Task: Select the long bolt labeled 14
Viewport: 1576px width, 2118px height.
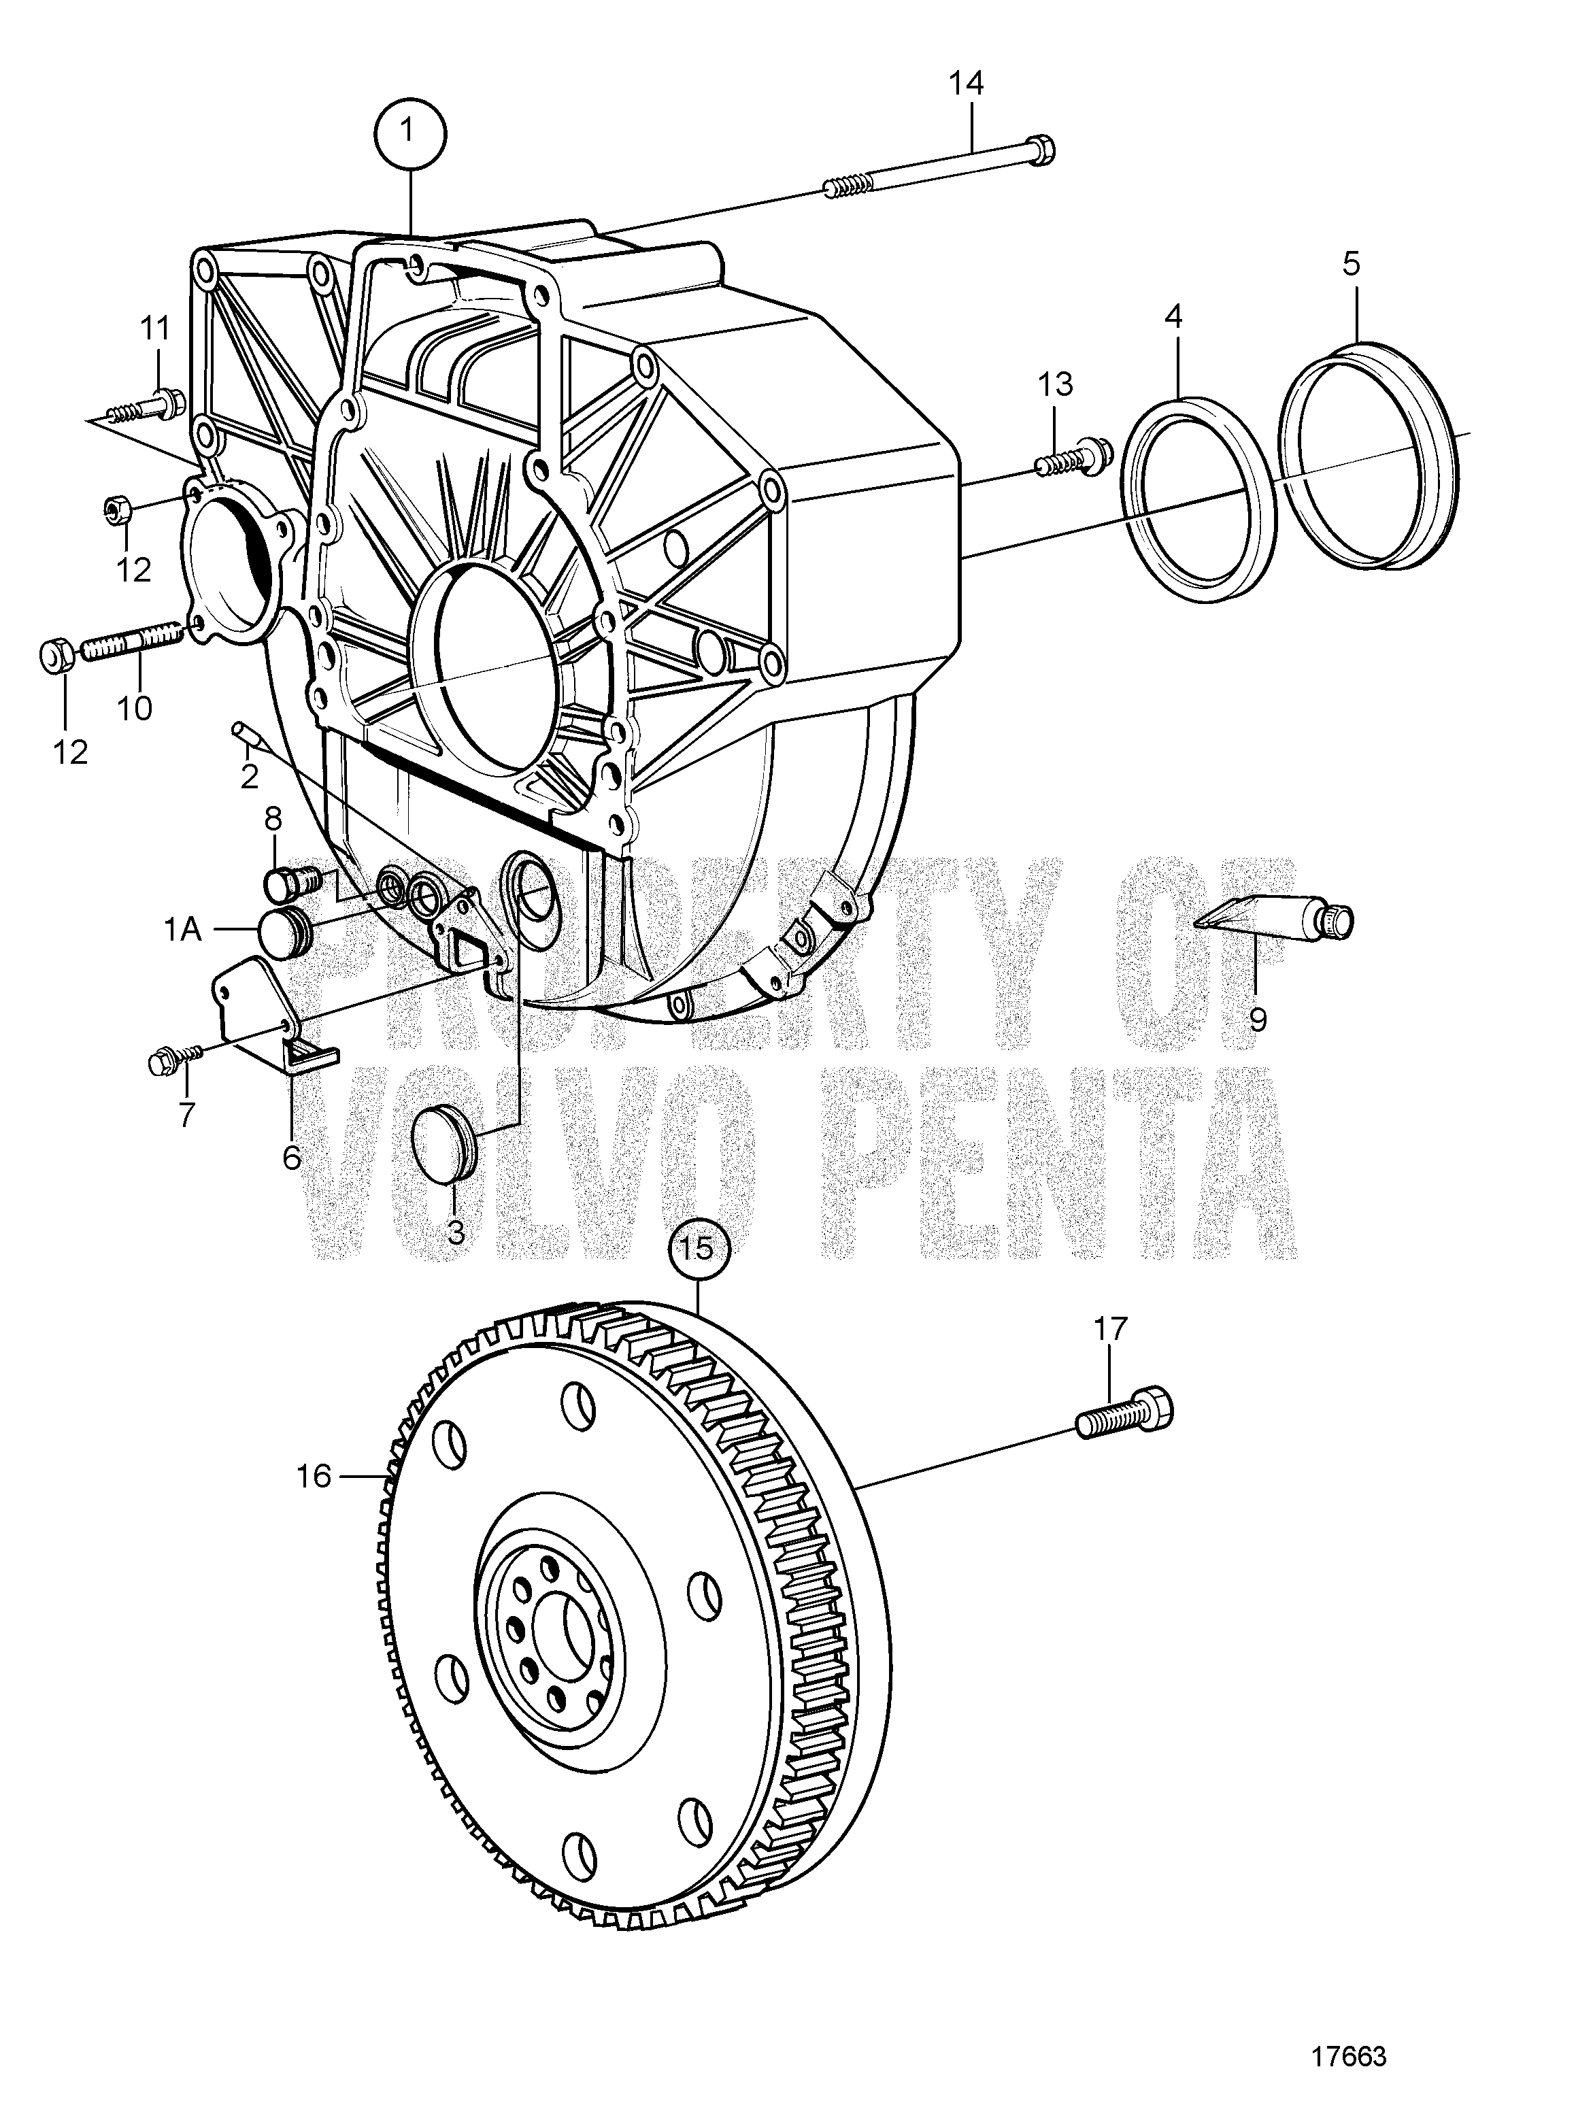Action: click(x=940, y=171)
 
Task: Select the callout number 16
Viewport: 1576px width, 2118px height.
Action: click(x=314, y=1477)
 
